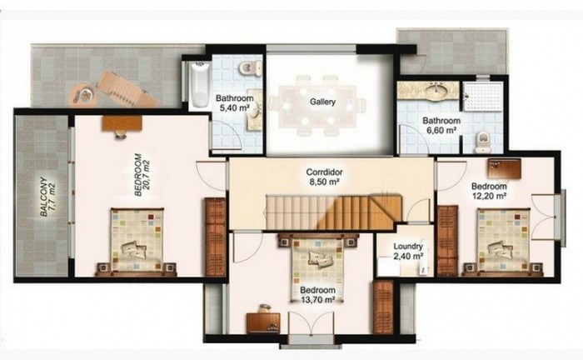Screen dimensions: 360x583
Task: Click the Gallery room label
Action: click(x=322, y=102)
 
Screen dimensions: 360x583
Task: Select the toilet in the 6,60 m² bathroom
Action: click(x=481, y=142)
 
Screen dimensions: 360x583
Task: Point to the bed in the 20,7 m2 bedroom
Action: click(x=137, y=241)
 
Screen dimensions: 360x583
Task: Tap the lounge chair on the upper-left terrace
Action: click(x=124, y=88)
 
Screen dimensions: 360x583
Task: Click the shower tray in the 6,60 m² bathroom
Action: click(x=482, y=97)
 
